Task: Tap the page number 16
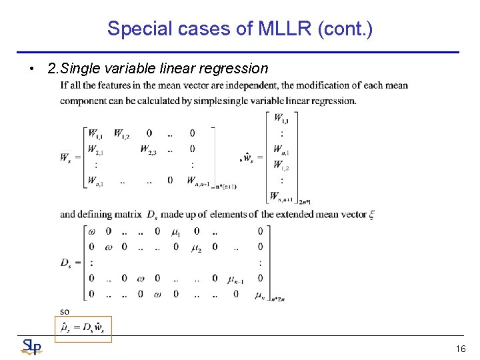[460, 349]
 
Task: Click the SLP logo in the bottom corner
[31, 347]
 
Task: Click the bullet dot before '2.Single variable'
[31, 68]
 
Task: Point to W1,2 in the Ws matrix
[122, 133]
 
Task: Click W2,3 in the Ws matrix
[149, 149]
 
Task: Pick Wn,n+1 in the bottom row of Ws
[198, 181]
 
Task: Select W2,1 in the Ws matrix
[96, 149]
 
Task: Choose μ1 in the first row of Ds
[177, 231]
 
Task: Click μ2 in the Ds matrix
[196, 247]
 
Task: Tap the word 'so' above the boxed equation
[65, 311]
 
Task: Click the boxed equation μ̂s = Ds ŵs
[83, 327]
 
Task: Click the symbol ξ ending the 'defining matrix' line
[371, 215]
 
